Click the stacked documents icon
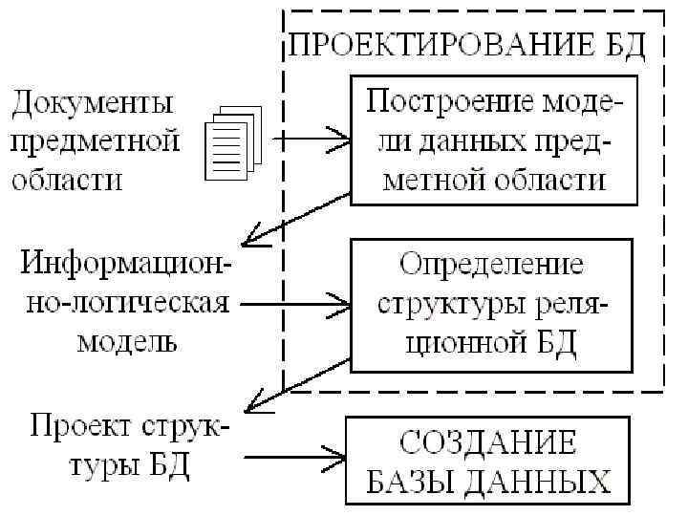coord(232,143)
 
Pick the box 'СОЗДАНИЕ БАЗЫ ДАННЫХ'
coord(489,461)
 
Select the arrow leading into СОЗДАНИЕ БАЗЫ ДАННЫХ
coord(296,455)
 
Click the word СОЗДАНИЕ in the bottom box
coord(488,442)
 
